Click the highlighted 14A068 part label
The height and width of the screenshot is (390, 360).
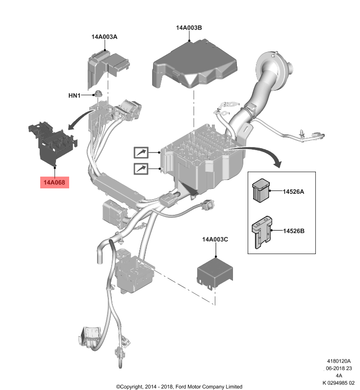point(55,183)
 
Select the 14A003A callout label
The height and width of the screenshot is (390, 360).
point(104,37)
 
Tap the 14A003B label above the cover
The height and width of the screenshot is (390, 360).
point(189,28)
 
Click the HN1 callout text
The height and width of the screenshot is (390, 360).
point(74,95)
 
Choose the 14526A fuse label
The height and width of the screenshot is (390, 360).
point(293,191)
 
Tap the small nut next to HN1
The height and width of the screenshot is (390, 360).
point(98,94)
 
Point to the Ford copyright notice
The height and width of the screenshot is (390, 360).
point(179,386)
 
